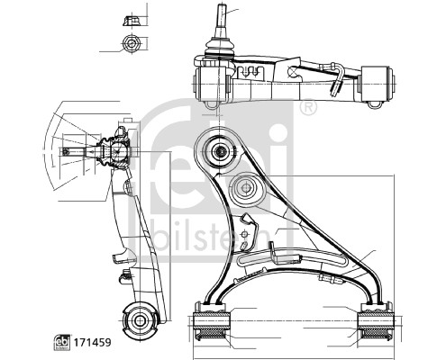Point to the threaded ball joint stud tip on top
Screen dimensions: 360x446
[220, 13]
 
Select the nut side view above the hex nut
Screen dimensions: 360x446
[129, 17]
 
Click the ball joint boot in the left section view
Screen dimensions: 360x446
[115, 149]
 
